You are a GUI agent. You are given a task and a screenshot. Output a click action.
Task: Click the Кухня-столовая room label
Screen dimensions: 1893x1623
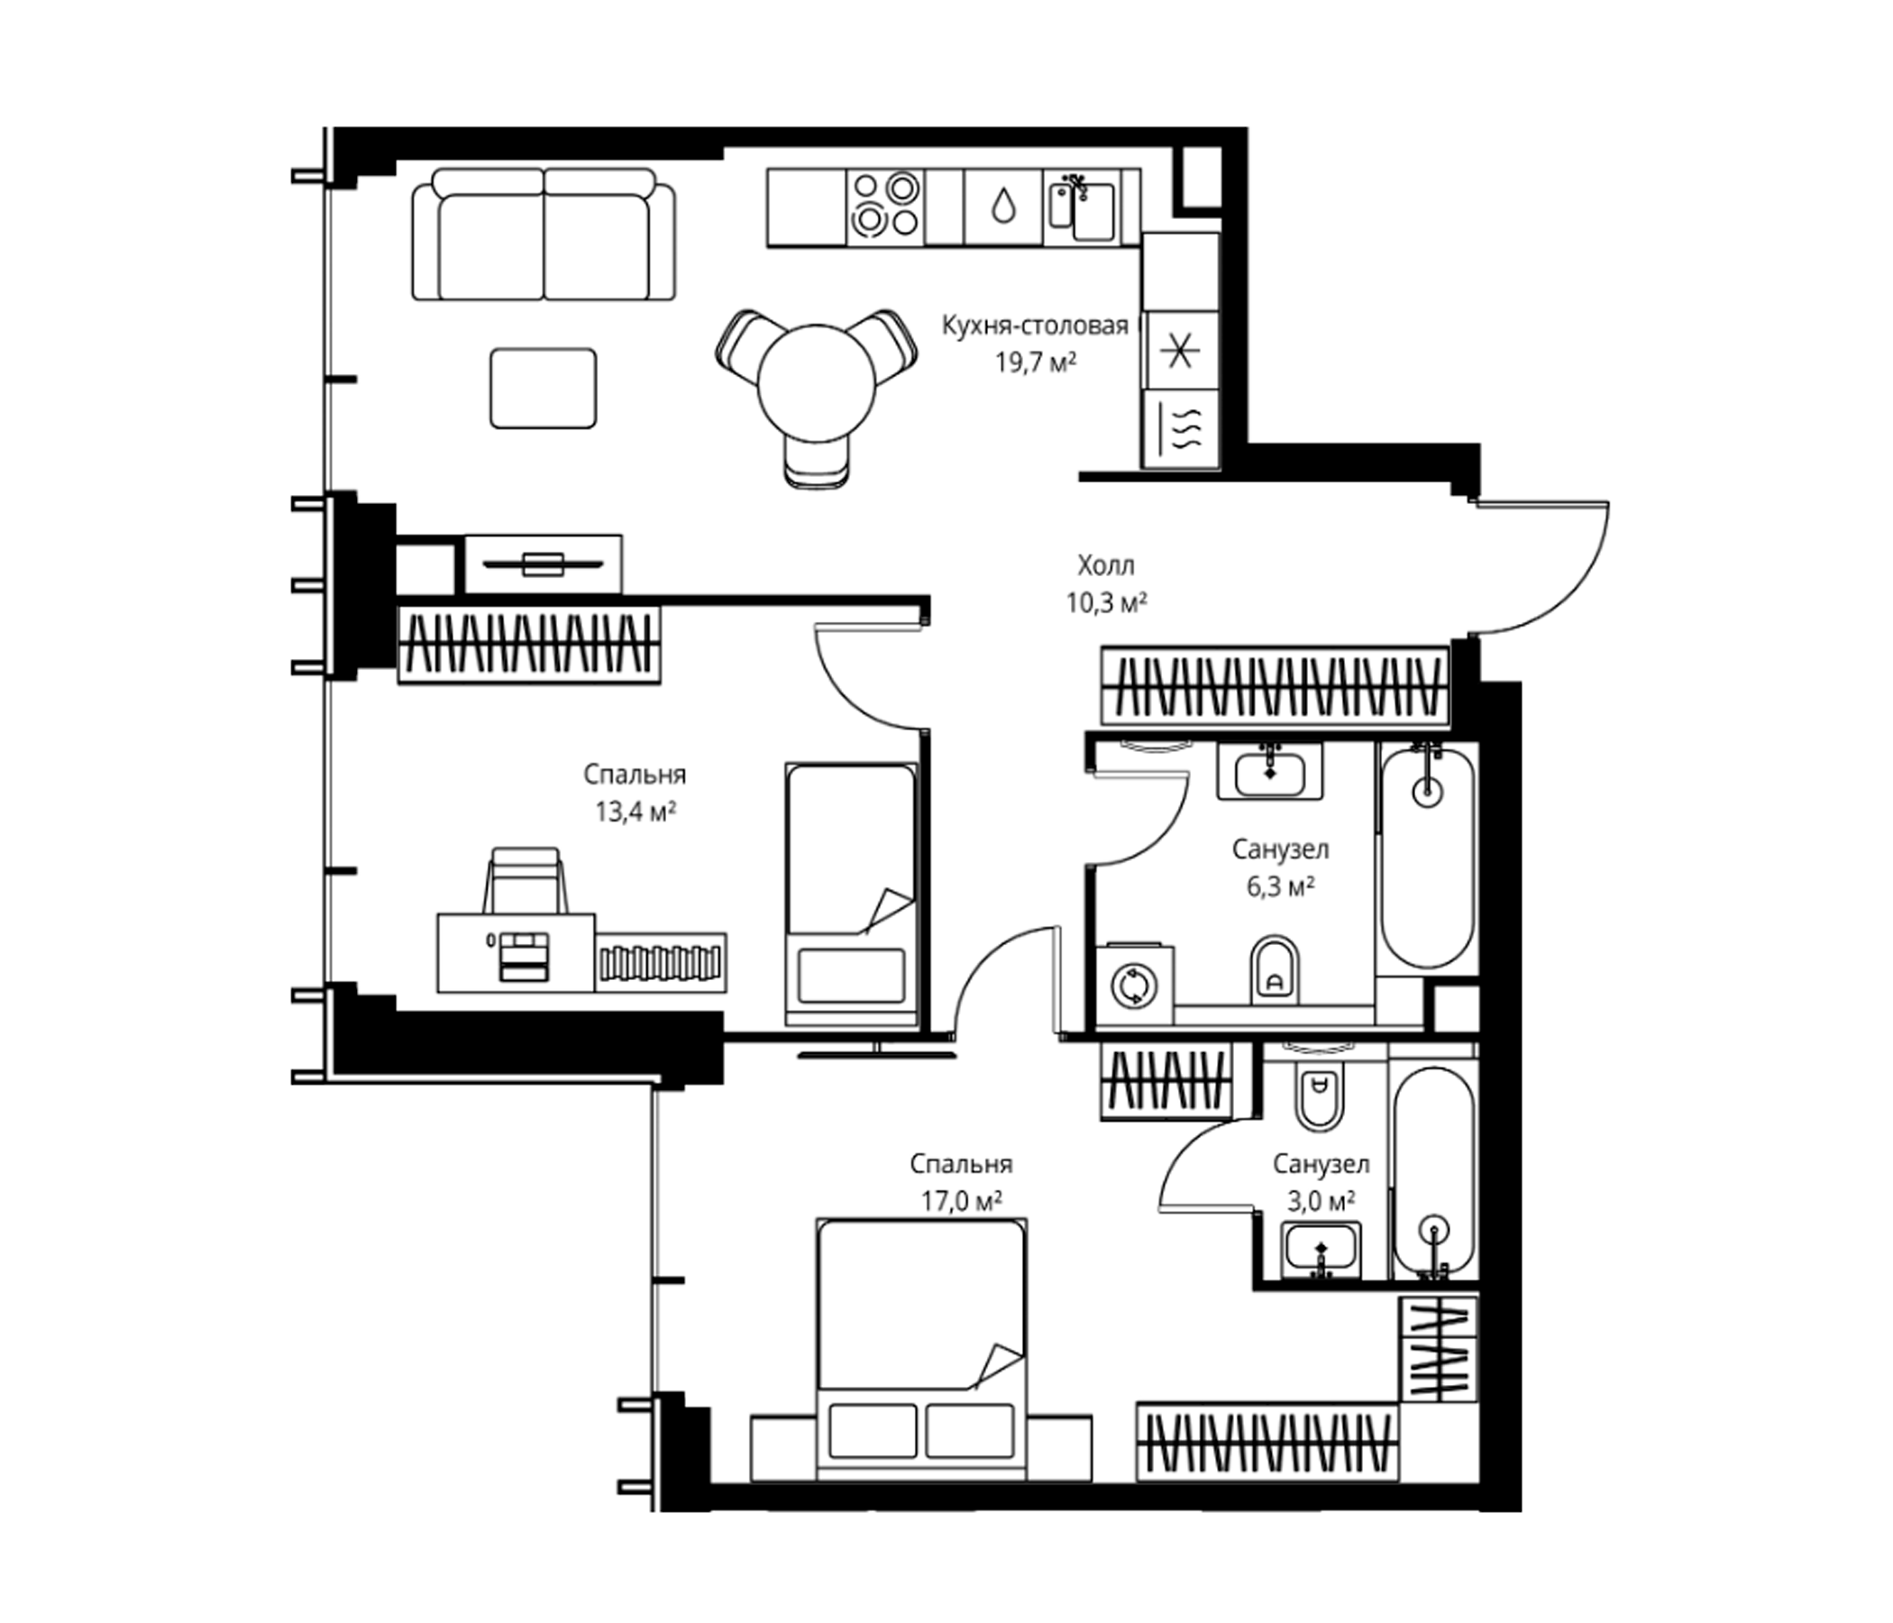pyautogui.click(x=1035, y=326)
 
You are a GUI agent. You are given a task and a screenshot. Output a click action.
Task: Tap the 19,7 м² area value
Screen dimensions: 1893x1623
pyautogui.click(x=1035, y=362)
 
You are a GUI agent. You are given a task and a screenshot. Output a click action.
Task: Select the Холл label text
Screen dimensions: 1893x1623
pyautogui.click(x=1105, y=565)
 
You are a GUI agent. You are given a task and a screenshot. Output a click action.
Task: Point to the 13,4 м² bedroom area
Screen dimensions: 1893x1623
pyautogui.click(x=635, y=811)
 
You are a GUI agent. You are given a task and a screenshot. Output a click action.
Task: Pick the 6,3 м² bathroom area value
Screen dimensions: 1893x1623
pyautogui.click(x=1280, y=886)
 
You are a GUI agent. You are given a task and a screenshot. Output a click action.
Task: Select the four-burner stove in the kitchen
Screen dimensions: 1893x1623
pyautogui.click(x=885, y=206)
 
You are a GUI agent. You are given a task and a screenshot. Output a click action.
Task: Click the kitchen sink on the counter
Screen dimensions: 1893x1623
pyautogui.click(x=1083, y=206)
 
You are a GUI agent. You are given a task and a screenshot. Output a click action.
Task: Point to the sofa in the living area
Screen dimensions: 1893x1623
pyautogui.click(x=544, y=234)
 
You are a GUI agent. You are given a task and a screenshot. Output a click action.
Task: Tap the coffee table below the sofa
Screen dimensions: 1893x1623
pyautogui.click(x=544, y=388)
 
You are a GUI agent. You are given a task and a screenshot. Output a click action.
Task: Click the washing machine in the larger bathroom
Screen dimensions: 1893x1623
pyautogui.click(x=1134, y=986)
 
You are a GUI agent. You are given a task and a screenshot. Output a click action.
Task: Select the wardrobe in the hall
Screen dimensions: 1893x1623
pyautogui.click(x=1276, y=686)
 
